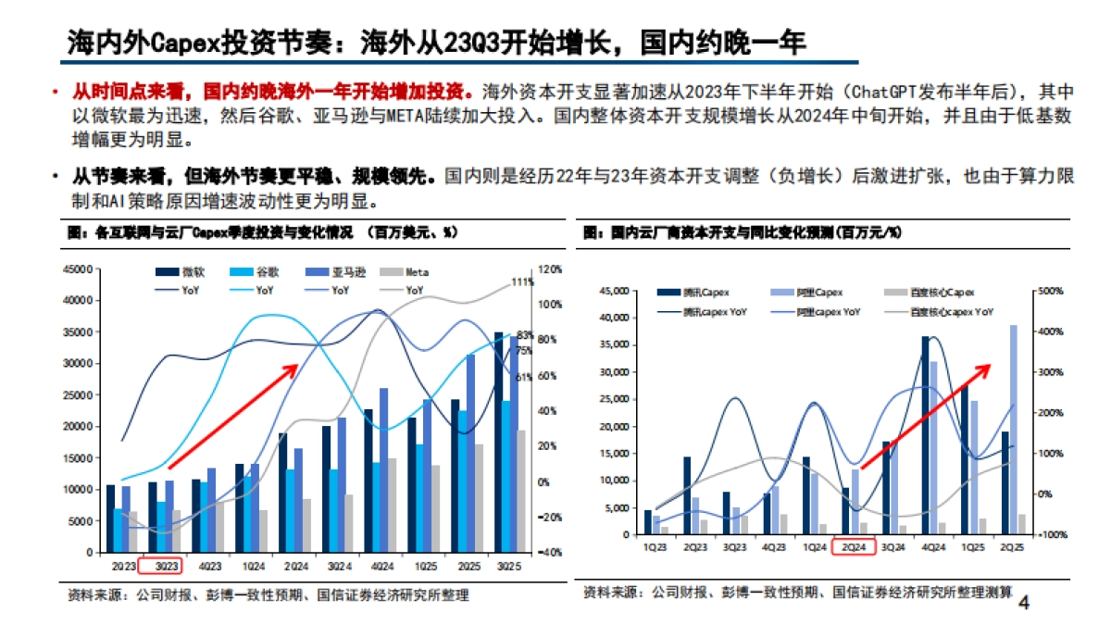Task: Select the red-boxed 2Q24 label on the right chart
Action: pyautogui.click(x=853, y=546)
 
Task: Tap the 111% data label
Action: pyautogui.click(x=522, y=282)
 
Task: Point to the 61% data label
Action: pyautogui.click(x=524, y=377)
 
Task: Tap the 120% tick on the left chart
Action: pyautogui.click(x=550, y=269)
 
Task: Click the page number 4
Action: pyautogui.click(x=1023, y=604)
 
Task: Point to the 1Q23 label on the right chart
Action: pyautogui.click(x=653, y=546)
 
